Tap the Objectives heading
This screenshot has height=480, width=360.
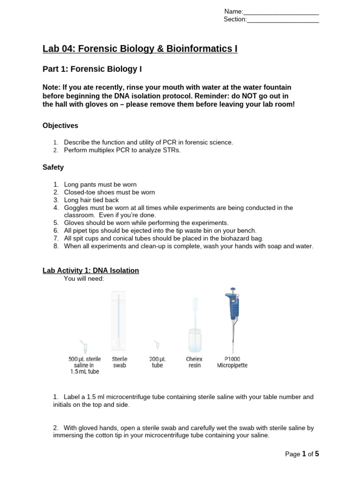(x=60, y=126)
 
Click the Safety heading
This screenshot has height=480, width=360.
(x=53, y=167)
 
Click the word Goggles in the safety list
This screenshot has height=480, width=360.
(x=76, y=208)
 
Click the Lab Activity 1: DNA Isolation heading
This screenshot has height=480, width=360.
(x=90, y=271)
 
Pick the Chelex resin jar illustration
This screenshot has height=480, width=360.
(x=195, y=333)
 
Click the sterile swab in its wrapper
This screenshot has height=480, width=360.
(x=119, y=322)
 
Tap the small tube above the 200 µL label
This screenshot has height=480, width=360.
(x=157, y=345)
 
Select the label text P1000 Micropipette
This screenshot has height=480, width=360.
(x=232, y=362)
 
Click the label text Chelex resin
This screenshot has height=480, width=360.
(x=195, y=362)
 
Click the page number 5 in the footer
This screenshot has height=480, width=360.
(x=316, y=454)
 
